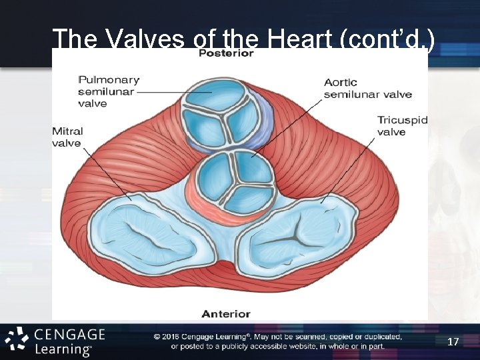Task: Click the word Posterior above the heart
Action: (226, 53)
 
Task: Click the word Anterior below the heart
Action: (226, 313)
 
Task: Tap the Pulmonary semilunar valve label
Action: (108, 92)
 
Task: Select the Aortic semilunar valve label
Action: (367, 88)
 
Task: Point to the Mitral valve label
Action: (67, 137)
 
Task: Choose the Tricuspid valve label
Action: (402, 126)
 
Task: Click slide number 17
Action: (453, 342)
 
